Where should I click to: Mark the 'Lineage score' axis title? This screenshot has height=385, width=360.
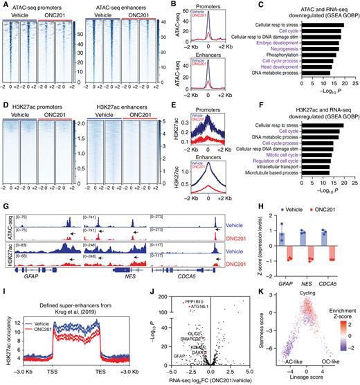300,370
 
